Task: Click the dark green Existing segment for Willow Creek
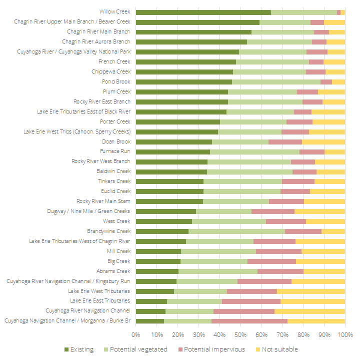[203, 12]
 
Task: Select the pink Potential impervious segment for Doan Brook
[285, 142]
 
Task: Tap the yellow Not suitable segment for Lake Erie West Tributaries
[310, 291]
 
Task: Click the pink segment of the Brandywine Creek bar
[303, 231]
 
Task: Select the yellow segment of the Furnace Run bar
[334, 152]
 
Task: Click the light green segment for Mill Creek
[218, 251]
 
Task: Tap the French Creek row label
[114, 61]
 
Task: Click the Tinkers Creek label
[114, 181]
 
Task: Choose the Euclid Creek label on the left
[115, 191]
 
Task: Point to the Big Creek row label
[119, 261]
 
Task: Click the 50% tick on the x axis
[240, 334]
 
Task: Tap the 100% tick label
[344, 334]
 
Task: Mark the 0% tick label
[135, 334]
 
